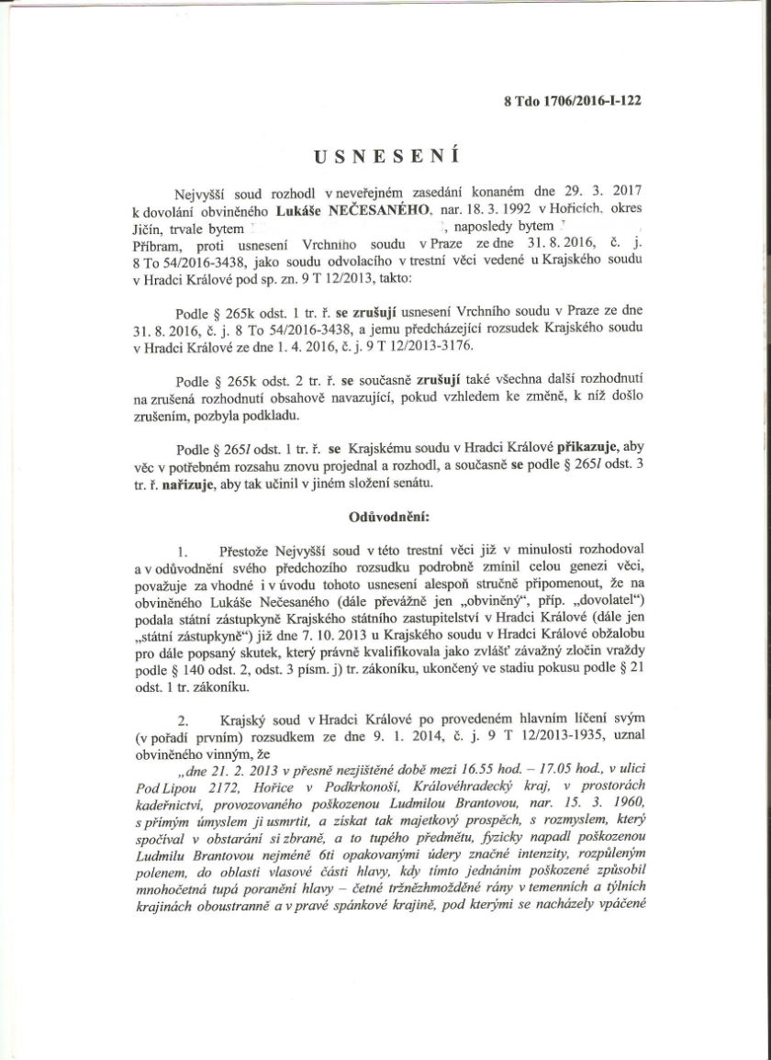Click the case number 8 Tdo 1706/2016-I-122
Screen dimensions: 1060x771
click(x=572, y=102)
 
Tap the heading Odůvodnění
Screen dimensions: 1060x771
click(x=385, y=516)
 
